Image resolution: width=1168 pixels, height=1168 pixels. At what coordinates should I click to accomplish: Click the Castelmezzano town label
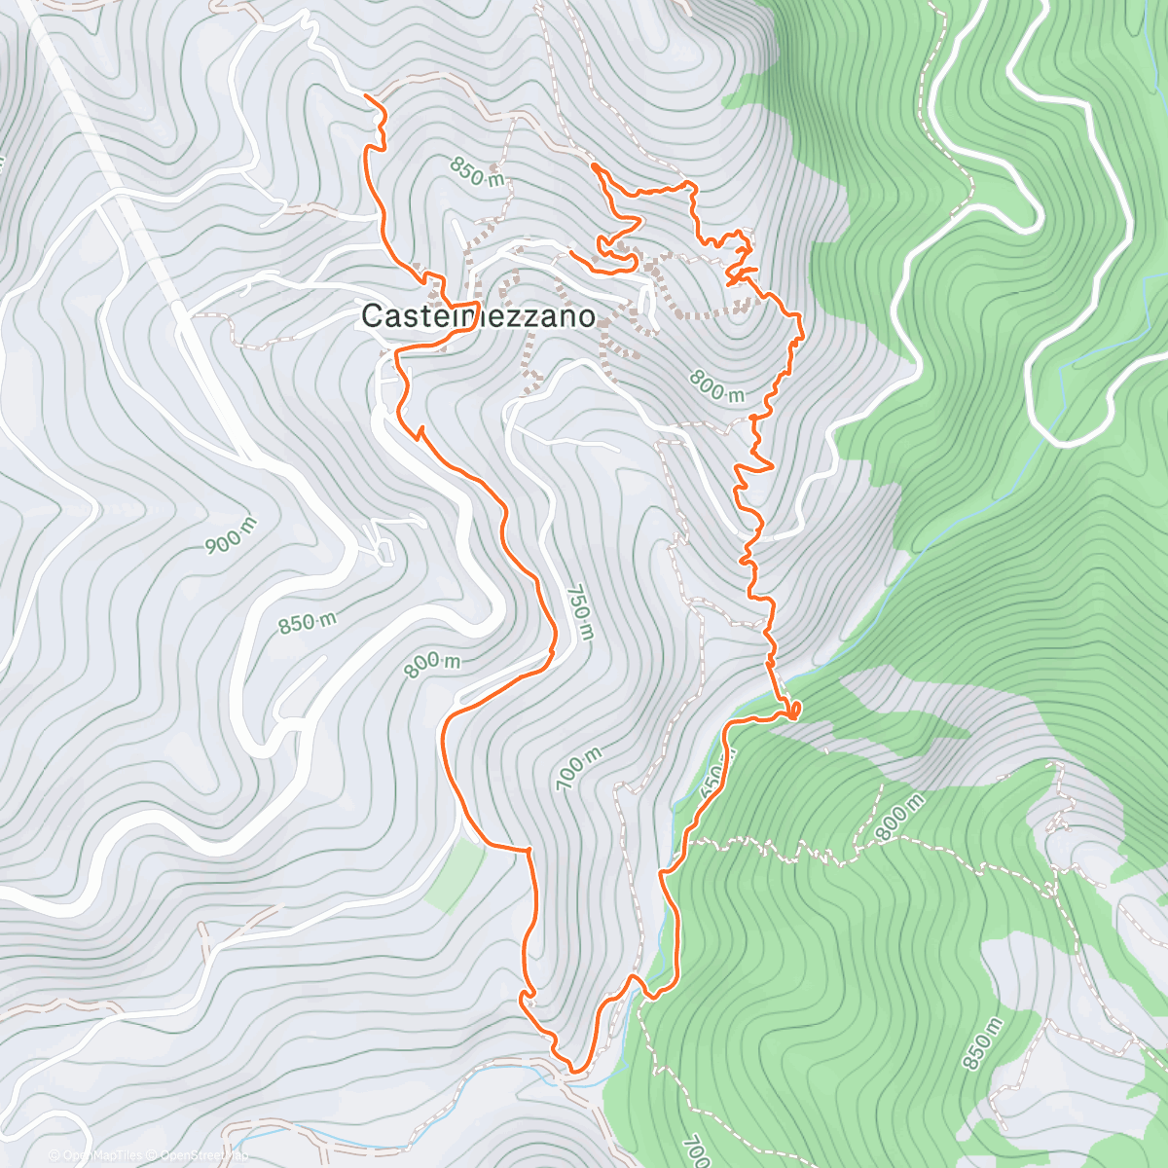478,316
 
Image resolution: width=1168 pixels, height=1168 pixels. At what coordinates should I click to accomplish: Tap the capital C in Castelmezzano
371,316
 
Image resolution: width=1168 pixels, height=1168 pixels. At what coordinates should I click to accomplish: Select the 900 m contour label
232,535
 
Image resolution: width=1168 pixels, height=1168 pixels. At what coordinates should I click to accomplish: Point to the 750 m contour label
579,613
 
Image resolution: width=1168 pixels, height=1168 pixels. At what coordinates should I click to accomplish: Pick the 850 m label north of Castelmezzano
477,172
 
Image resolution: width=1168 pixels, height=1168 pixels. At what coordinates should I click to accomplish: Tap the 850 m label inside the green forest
980,1043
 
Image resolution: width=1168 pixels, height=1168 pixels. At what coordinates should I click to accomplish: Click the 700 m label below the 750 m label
578,768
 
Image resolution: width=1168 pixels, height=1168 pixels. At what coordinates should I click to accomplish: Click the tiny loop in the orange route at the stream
794,709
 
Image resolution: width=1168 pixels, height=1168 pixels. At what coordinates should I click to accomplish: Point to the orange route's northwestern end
366,95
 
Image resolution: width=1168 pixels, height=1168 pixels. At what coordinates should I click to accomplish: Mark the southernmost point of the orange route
574,1072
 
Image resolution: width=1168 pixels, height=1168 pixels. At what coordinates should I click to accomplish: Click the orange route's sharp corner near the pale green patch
529,851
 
